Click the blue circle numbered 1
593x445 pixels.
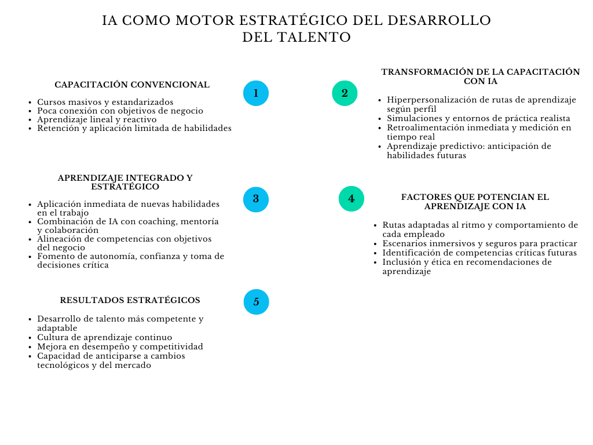[x=256, y=93]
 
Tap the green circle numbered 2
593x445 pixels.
[x=345, y=93]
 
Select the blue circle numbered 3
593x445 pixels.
[x=256, y=199]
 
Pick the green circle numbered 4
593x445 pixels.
[x=351, y=199]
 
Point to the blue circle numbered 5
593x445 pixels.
[x=256, y=302]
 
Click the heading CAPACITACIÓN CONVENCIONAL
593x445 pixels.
[x=132, y=85]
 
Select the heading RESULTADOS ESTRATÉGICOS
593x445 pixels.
[x=130, y=300]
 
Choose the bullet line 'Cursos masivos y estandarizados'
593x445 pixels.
[x=105, y=102]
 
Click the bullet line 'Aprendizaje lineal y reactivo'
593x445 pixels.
[x=97, y=119]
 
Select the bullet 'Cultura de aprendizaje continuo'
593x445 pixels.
[x=104, y=337]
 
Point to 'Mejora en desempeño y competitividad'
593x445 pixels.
[x=120, y=346]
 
